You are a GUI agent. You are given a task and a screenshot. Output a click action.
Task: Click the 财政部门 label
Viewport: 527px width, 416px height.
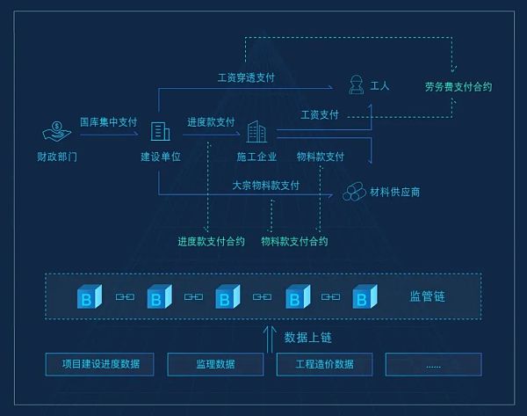(57, 157)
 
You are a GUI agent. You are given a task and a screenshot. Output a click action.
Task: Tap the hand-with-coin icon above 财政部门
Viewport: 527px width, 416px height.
(57, 132)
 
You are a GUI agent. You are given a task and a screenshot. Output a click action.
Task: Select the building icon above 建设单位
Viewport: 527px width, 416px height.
(160, 132)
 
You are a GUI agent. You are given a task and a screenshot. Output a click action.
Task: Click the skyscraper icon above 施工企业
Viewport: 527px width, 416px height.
(256, 133)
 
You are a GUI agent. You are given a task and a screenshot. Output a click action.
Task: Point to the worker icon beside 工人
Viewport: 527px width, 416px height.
(357, 85)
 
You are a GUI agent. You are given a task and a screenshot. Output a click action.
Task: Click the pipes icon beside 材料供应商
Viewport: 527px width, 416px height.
(355, 190)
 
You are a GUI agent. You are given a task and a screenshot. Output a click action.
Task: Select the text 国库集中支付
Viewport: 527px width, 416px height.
(108, 122)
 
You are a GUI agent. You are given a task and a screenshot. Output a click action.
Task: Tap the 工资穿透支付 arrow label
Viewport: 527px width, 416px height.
(246, 77)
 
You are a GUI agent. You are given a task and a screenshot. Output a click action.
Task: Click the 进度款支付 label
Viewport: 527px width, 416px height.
(211, 122)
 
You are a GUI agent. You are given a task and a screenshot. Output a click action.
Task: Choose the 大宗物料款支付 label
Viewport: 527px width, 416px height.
(265, 186)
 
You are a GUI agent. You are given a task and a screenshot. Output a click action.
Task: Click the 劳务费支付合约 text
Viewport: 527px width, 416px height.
(458, 87)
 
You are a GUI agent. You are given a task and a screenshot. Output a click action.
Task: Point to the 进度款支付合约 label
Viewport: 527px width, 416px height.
(211, 241)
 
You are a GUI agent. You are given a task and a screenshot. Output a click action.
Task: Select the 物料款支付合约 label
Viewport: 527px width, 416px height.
(294, 241)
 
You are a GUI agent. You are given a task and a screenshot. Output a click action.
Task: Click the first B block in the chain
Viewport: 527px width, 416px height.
(89, 297)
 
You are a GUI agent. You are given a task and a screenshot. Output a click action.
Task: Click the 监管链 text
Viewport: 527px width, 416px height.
(428, 297)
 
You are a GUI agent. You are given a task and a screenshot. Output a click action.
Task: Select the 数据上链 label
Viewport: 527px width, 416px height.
(307, 337)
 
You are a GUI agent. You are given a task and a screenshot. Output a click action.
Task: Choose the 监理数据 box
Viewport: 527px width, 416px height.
(214, 364)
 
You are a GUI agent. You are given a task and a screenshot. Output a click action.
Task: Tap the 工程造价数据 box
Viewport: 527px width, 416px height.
(324, 364)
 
